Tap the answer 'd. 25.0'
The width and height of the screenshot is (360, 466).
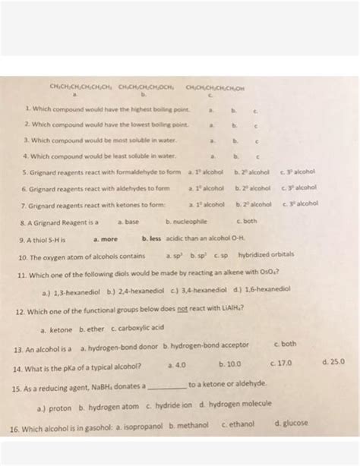[x=333, y=363]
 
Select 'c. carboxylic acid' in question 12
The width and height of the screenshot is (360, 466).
[x=137, y=328]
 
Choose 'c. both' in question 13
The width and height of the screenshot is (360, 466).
[x=284, y=344]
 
